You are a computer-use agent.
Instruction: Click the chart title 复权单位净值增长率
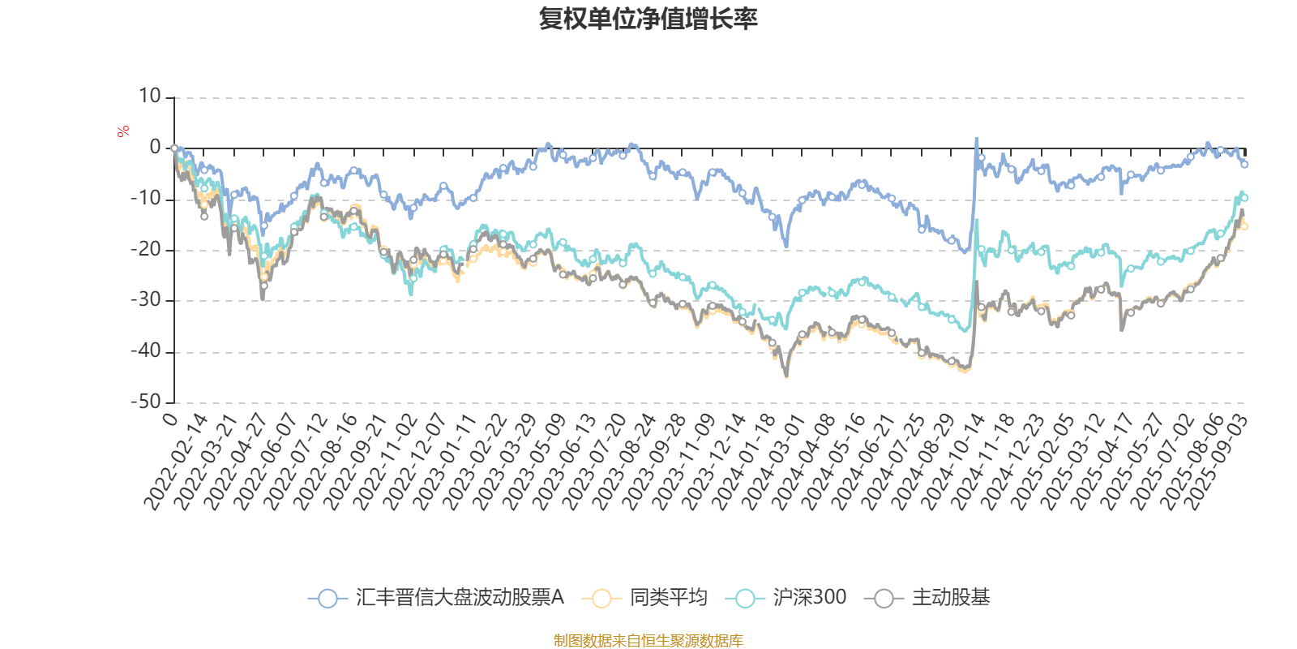pos(648,19)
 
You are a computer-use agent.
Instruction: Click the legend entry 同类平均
pos(645,599)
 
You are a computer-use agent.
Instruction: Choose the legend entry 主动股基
pos(928,599)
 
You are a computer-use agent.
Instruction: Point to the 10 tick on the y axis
pos(149,97)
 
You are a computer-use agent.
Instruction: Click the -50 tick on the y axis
pos(146,402)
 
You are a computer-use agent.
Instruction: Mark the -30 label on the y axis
pos(146,300)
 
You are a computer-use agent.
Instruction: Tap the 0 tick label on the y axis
pos(155,148)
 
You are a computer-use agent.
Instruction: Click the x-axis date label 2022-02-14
pos(177,462)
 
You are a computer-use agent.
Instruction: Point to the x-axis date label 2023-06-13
pos(567,462)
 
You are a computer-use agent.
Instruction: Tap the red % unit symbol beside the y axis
pos(123,131)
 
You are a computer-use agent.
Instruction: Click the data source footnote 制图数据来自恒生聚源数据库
pos(648,641)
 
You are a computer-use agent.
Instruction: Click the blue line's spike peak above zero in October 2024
pos(976,140)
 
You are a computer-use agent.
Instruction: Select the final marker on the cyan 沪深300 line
pos(1244,197)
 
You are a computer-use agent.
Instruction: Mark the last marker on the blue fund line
pos(1244,165)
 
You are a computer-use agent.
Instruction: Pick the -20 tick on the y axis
pos(146,250)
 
